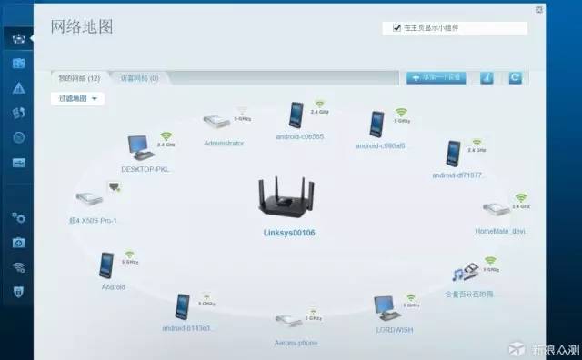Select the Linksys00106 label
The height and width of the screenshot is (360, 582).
[289, 234]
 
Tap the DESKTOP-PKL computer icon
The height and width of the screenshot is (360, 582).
[138, 146]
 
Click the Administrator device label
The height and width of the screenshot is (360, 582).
[224, 143]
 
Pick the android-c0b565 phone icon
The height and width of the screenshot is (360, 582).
[297, 115]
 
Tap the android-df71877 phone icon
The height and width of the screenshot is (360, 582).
[453, 153]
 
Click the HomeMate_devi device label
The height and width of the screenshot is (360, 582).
[500, 231]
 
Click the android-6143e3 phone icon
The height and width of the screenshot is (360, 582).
[183, 306]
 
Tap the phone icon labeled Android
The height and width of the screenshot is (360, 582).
[107, 265]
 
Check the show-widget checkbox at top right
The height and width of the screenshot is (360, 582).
[396, 28]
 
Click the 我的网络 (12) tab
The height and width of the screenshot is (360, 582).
[80, 78]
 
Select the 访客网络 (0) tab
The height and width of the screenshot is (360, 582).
[139, 78]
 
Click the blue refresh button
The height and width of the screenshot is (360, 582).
[515, 78]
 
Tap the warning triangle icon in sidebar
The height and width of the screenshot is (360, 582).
[18, 88]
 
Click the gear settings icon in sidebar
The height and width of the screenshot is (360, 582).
[18, 218]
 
